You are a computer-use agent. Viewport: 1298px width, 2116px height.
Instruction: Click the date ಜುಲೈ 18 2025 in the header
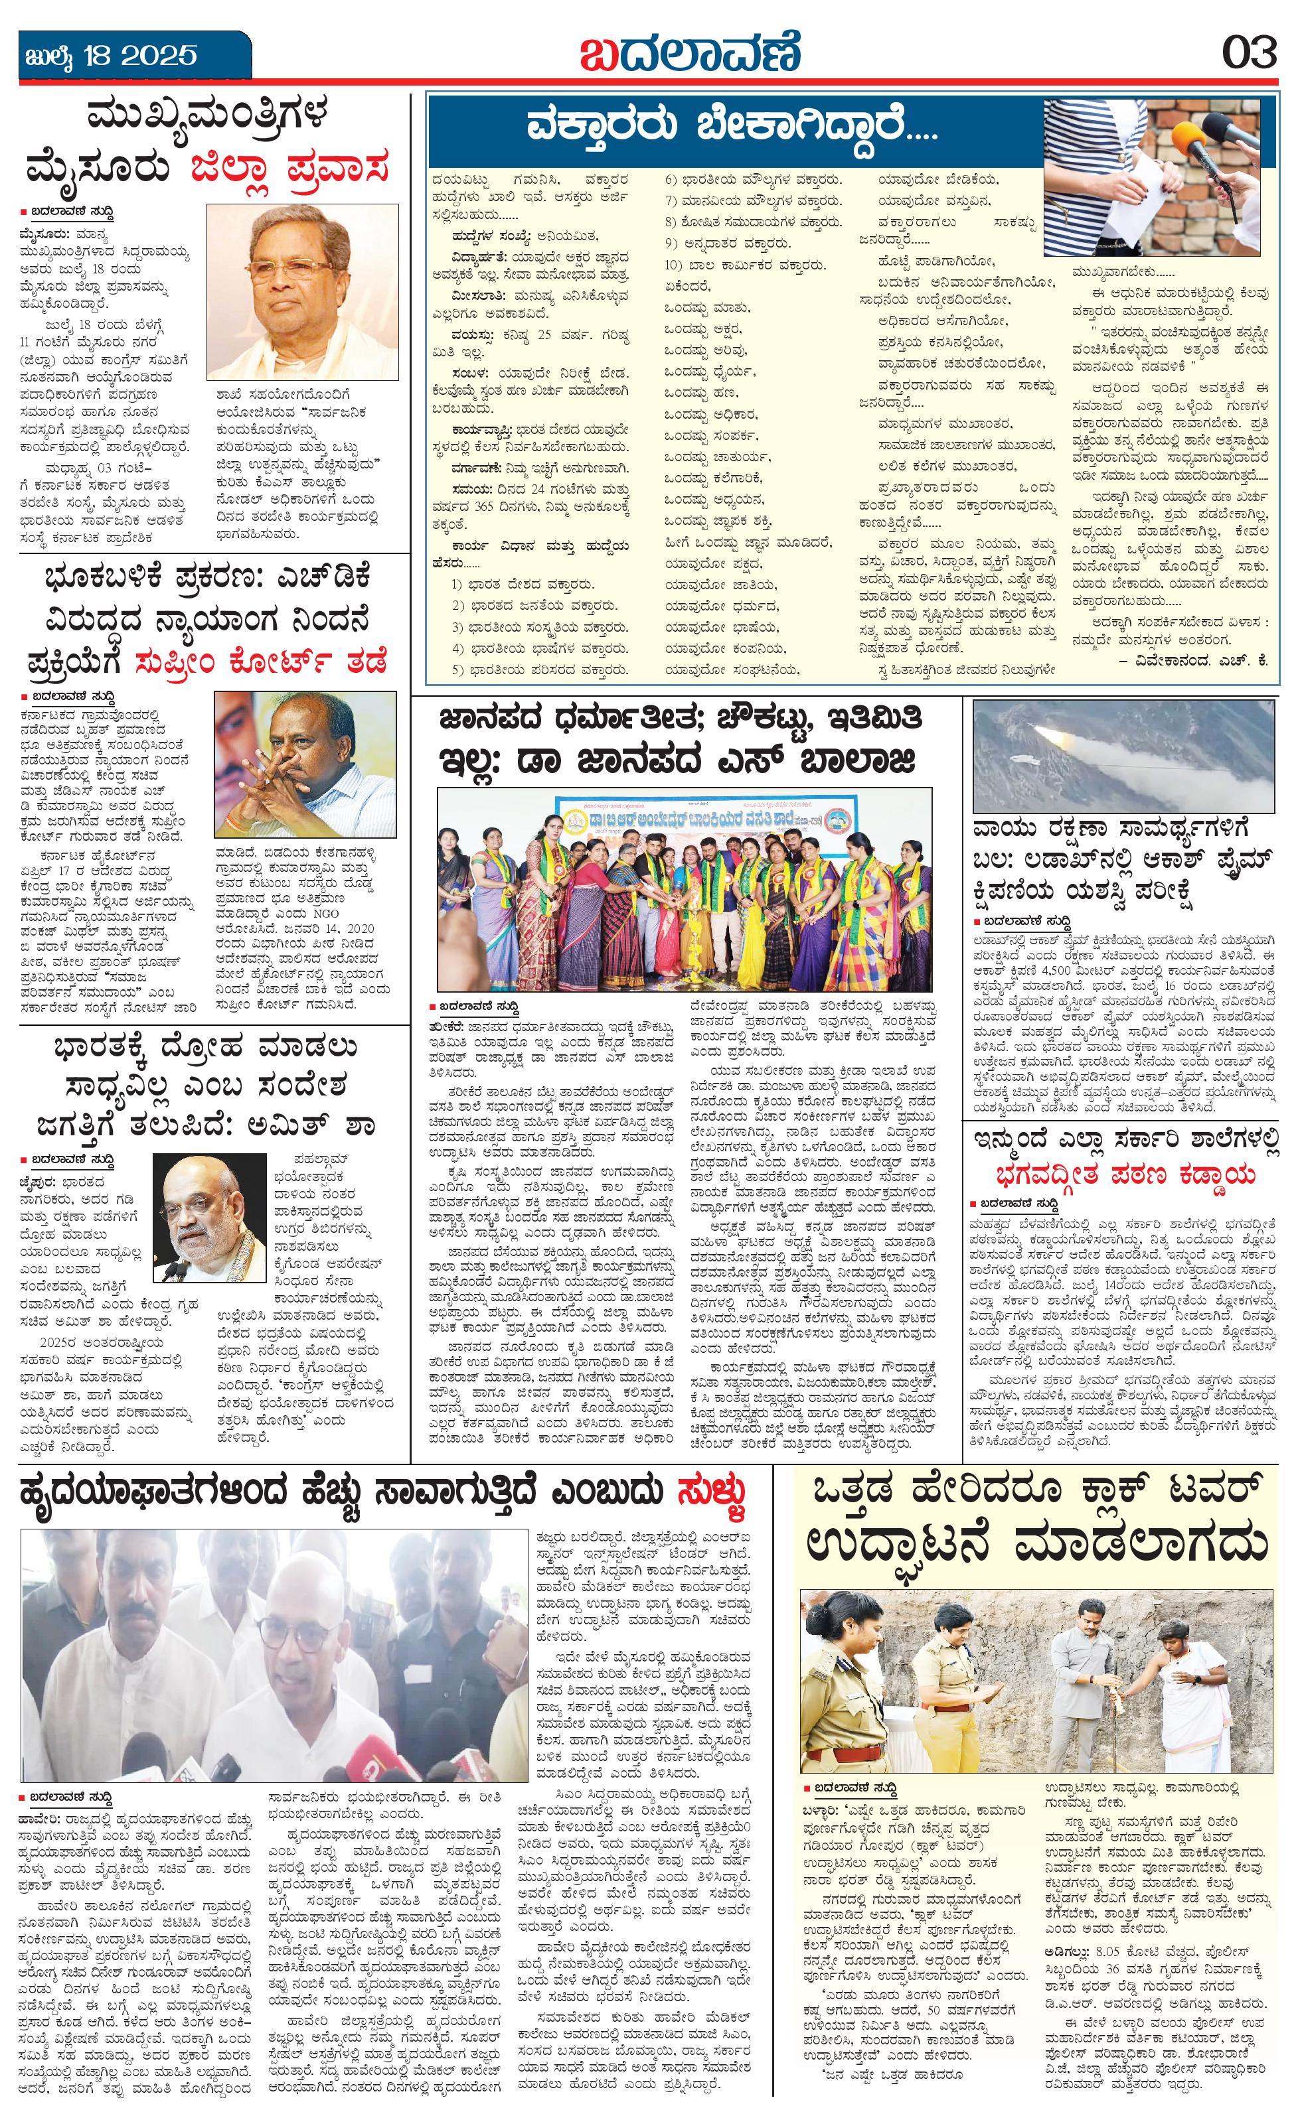click(110, 56)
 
